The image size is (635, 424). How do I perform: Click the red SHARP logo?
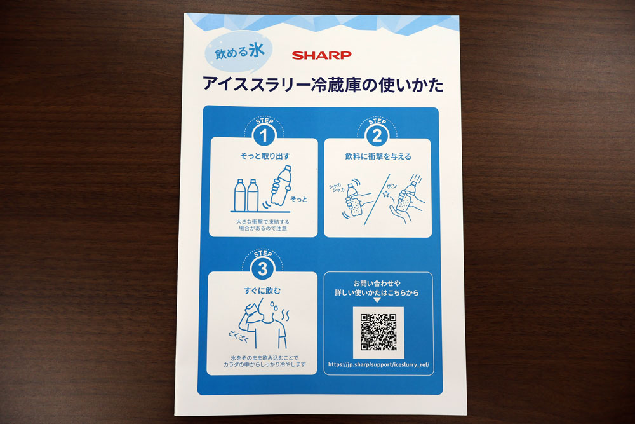[x=321, y=55]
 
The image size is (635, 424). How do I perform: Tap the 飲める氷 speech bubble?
[x=239, y=51]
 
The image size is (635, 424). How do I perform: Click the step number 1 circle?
[x=264, y=135]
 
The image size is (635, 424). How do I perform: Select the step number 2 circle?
[x=377, y=136]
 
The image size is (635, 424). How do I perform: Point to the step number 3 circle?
[x=262, y=269]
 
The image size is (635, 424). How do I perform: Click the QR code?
[x=378, y=332]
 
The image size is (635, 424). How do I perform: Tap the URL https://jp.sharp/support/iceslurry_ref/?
[x=378, y=364]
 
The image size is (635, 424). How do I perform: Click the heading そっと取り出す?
[x=265, y=156]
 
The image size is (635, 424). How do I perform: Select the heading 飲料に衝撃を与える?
[x=378, y=156]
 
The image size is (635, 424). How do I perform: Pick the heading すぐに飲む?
[x=262, y=291]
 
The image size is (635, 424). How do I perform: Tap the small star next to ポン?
[x=386, y=195]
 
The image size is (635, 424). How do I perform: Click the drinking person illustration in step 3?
[x=264, y=324]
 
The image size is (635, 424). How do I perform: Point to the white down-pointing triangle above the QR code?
[x=377, y=301]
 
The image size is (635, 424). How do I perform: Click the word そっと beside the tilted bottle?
[x=299, y=199]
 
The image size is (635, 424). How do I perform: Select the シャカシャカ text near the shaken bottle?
[x=337, y=188]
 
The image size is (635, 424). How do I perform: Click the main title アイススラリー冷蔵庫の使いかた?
[x=323, y=85]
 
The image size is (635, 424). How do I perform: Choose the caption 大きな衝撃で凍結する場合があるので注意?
[x=263, y=225]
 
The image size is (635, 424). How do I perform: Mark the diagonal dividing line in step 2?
[x=377, y=200]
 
